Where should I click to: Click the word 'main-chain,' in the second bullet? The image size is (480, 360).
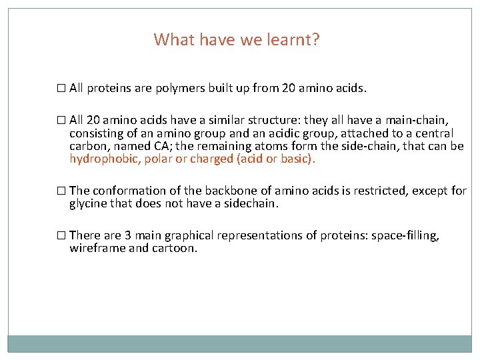pos(423,121)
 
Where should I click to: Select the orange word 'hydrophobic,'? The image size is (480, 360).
pos(100,159)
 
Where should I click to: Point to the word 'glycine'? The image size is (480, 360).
pos(88,203)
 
